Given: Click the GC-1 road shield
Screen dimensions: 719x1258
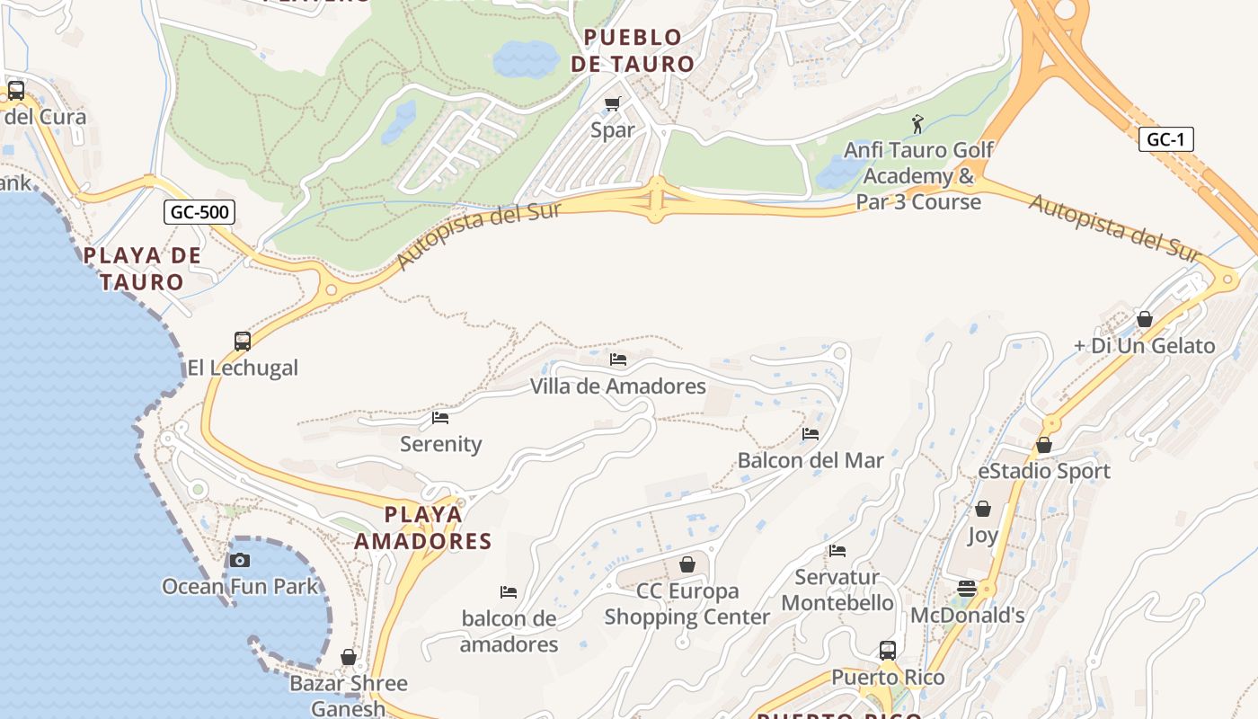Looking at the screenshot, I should (x=1165, y=139).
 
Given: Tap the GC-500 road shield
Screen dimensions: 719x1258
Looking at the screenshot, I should (x=199, y=212).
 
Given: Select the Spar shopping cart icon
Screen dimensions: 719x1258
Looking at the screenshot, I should (x=613, y=103).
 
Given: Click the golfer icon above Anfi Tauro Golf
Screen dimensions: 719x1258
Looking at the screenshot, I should (x=917, y=123).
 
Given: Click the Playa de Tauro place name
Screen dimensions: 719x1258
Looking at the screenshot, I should (x=142, y=269).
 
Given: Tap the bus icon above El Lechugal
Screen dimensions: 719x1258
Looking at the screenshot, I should (x=242, y=342).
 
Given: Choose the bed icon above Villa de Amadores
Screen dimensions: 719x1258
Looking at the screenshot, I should (x=618, y=359).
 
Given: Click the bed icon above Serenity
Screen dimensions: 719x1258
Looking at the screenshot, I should (x=440, y=418).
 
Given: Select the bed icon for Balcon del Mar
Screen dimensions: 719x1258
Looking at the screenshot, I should (x=811, y=434).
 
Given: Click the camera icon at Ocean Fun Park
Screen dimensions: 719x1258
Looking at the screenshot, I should (x=239, y=561).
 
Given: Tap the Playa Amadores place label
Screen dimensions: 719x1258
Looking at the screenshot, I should (x=423, y=528).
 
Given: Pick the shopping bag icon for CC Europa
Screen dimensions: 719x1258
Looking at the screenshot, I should (x=687, y=564).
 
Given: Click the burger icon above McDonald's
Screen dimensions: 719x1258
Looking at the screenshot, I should (x=967, y=589).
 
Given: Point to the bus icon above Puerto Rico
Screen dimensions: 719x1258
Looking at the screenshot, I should (x=888, y=650).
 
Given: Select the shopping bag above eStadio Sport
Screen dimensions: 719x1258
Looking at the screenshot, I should (x=1044, y=445).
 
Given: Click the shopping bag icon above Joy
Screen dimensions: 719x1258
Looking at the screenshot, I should (x=983, y=509).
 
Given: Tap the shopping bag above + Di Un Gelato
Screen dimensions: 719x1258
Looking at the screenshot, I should (x=1145, y=319).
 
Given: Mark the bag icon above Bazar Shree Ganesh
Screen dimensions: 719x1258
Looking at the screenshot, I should (x=349, y=657).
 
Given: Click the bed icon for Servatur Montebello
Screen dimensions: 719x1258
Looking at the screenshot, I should (x=837, y=550).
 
